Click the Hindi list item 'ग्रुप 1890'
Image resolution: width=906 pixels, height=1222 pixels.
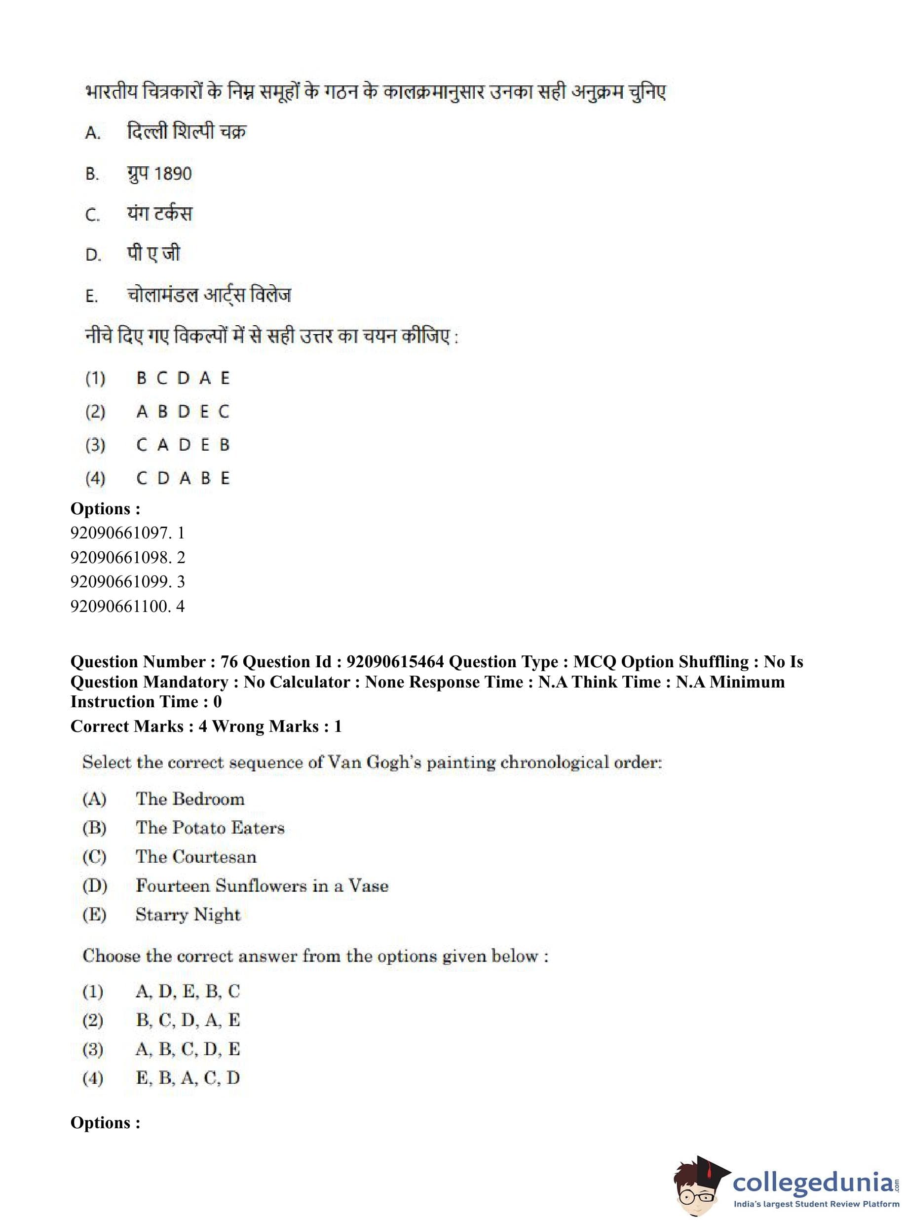(x=159, y=174)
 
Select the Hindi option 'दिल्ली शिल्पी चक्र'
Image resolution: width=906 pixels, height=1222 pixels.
(x=187, y=132)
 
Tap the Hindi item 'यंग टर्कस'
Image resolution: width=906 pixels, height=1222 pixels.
(x=159, y=214)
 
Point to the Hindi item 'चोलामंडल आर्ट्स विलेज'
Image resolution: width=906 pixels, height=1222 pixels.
(x=209, y=296)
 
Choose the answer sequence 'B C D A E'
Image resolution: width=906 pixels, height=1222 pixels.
(x=183, y=379)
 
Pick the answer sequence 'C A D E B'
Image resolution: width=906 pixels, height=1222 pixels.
(x=183, y=445)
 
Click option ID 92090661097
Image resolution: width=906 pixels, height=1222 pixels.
(x=127, y=533)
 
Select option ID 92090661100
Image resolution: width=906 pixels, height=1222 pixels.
(x=127, y=606)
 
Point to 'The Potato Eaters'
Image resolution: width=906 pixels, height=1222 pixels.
(x=210, y=828)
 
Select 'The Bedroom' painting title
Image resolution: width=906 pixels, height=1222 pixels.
(x=190, y=799)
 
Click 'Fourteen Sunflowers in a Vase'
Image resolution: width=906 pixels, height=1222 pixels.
(x=262, y=886)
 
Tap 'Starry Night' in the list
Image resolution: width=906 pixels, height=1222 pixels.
(x=188, y=915)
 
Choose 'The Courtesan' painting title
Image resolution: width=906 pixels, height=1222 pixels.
(x=196, y=857)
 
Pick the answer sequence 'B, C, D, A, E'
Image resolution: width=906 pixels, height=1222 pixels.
(x=188, y=1020)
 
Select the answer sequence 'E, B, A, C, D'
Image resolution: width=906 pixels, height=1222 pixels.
(x=188, y=1078)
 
